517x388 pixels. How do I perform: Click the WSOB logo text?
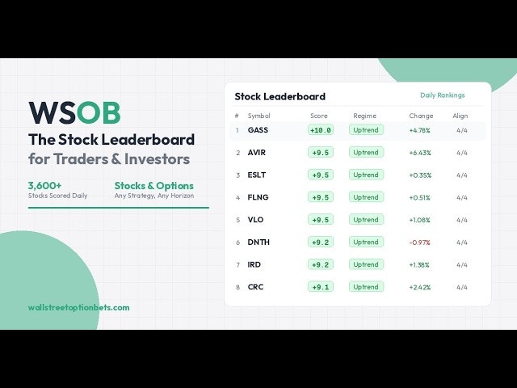click(74, 112)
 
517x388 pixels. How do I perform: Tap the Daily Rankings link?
click(442, 95)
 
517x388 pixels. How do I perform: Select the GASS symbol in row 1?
click(258, 130)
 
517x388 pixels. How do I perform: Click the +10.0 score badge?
click(321, 130)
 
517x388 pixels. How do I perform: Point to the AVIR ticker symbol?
click(257, 153)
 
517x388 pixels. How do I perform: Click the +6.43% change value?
click(420, 153)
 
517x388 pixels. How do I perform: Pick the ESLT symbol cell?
click(257, 175)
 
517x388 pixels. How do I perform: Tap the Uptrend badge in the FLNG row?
click(366, 197)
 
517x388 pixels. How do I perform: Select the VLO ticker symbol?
click(255, 220)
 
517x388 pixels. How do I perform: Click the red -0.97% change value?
click(419, 242)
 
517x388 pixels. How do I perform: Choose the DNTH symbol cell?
click(258, 242)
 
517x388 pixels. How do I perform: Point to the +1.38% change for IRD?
click(419, 265)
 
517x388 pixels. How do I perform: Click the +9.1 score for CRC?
click(321, 287)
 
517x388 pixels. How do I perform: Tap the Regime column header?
click(364, 116)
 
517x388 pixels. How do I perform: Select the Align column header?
click(460, 116)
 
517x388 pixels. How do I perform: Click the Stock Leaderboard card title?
click(280, 96)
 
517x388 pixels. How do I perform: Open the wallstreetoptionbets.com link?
click(79, 308)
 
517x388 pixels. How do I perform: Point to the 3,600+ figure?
click(45, 185)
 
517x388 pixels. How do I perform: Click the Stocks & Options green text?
click(154, 186)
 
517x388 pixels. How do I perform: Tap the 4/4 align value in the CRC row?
click(462, 288)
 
